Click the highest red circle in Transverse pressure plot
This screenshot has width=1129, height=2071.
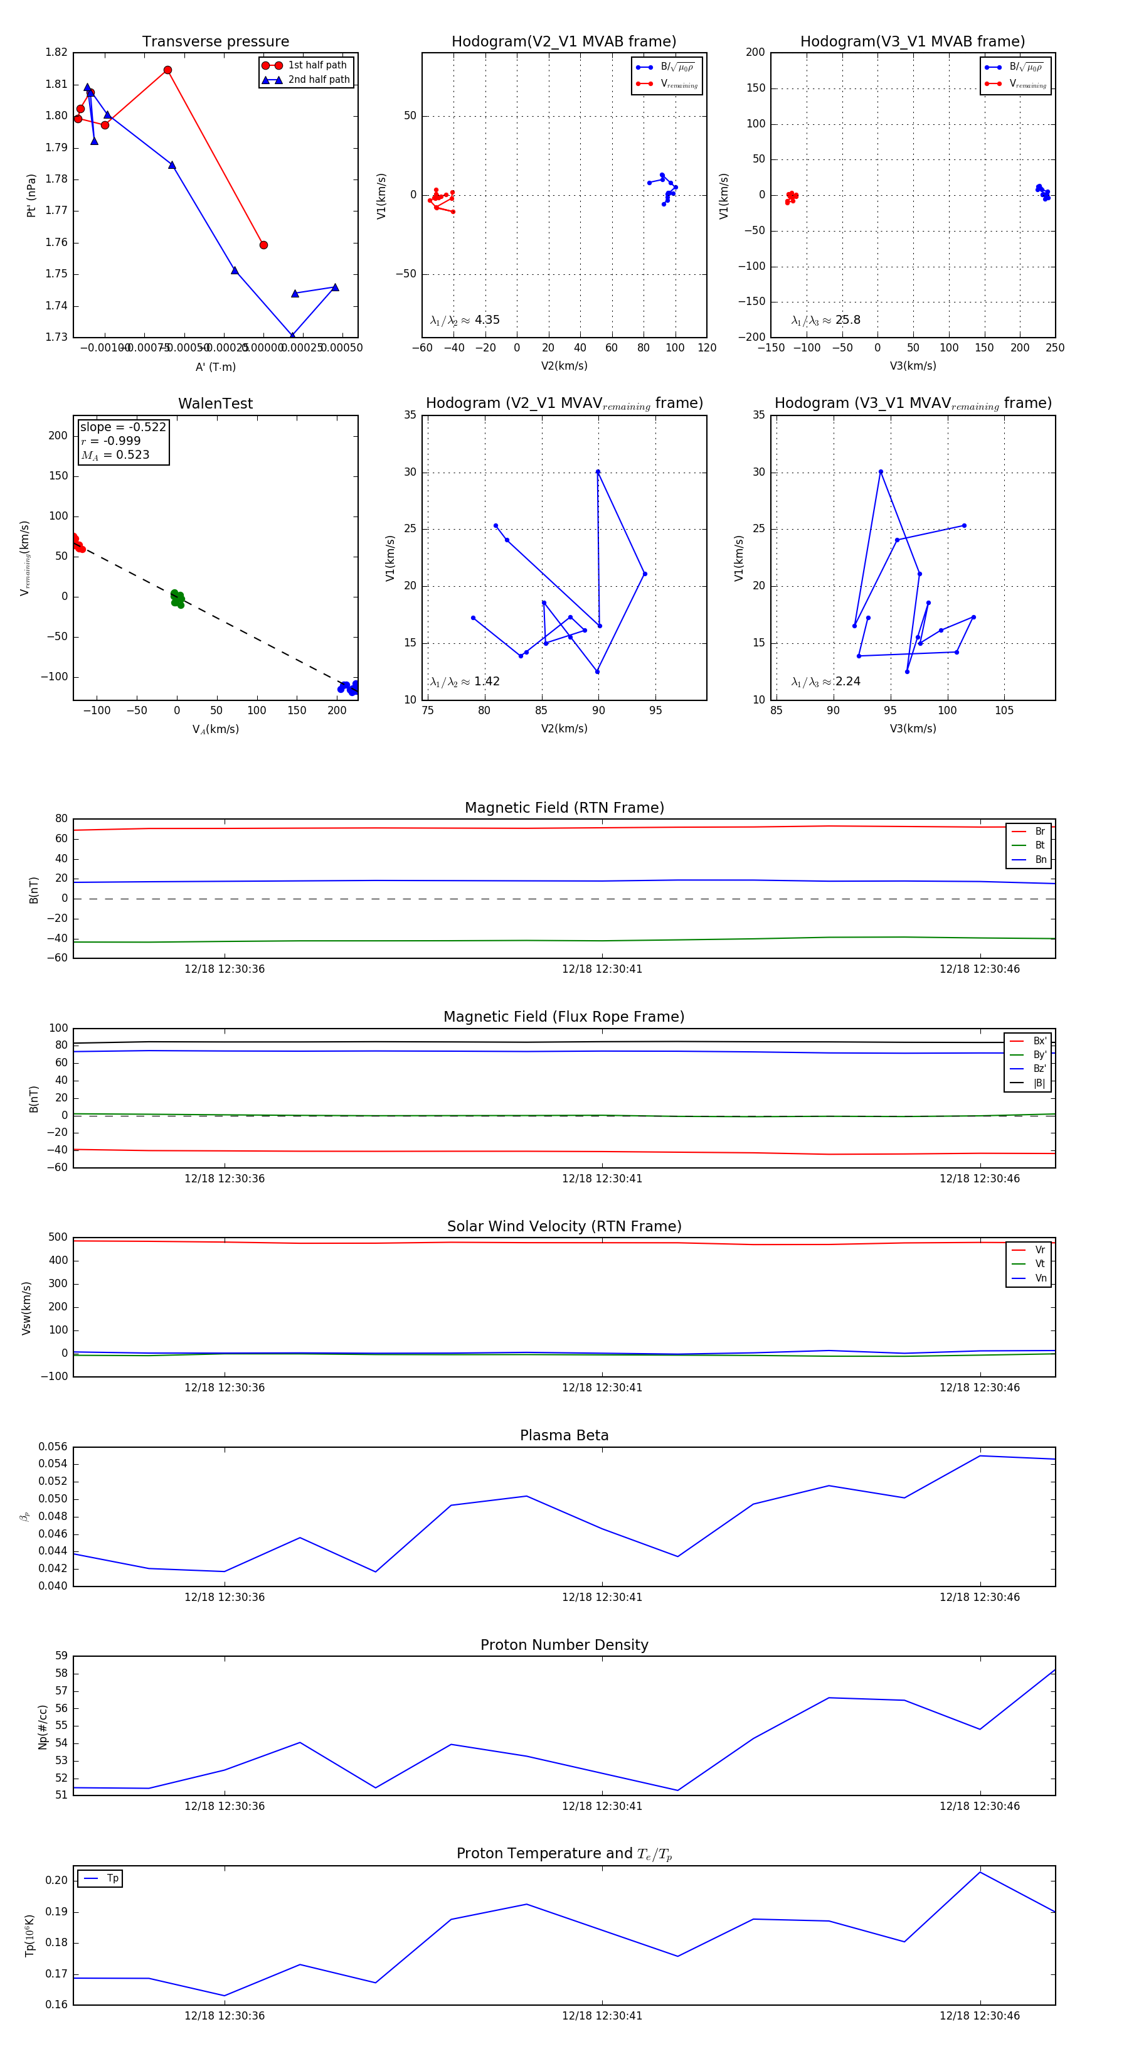[167, 70]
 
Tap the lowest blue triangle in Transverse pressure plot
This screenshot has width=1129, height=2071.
[292, 335]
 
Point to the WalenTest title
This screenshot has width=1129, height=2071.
[215, 404]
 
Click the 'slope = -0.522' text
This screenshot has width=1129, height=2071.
[123, 427]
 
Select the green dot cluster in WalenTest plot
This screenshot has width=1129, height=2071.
[177, 598]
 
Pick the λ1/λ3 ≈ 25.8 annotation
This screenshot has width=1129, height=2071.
[825, 320]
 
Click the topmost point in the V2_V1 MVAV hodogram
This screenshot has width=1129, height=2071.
[598, 472]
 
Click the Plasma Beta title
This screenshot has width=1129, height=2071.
[564, 1435]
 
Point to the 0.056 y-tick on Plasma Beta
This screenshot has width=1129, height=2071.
[53, 1447]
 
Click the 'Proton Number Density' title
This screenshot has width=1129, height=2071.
[564, 1645]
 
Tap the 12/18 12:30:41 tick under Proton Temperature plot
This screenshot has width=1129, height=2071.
[602, 2016]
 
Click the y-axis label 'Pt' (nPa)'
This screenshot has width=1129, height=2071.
[31, 195]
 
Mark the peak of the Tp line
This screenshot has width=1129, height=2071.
[980, 1873]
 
